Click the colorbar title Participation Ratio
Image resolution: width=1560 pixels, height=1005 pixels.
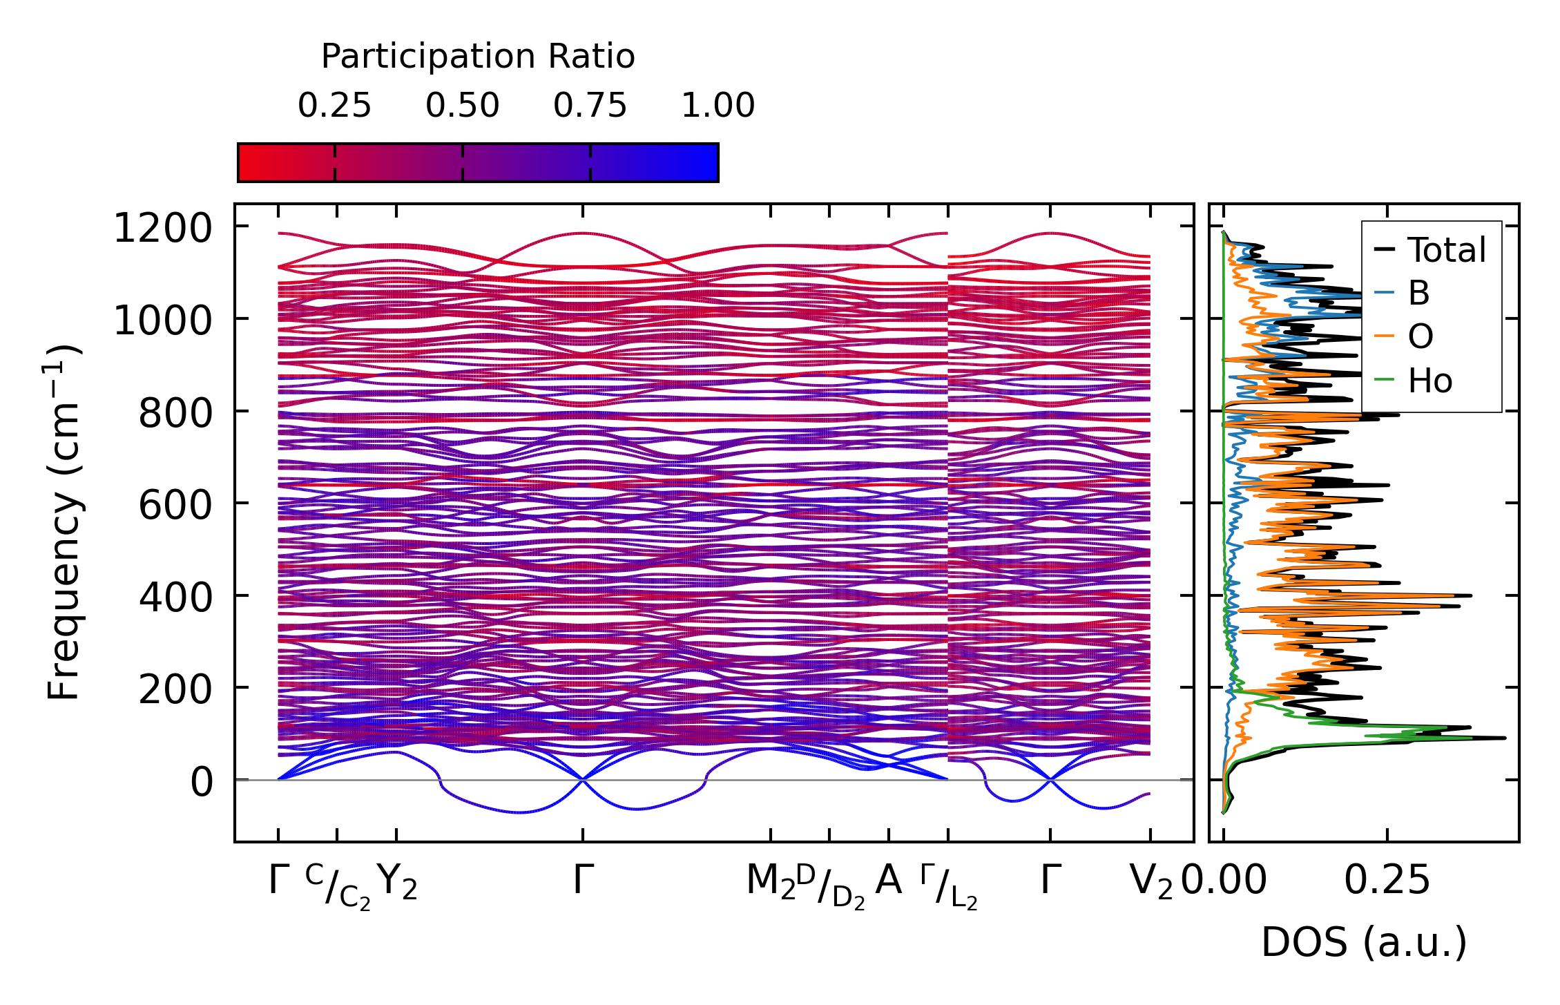(x=478, y=57)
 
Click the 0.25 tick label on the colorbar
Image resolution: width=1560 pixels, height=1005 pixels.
(x=334, y=106)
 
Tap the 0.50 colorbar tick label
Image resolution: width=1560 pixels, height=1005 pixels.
(x=462, y=106)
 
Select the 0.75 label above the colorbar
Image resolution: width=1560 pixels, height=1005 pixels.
(x=590, y=106)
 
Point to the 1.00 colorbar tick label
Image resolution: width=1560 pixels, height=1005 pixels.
(x=718, y=106)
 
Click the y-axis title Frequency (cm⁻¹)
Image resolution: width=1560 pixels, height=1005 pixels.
(x=64, y=522)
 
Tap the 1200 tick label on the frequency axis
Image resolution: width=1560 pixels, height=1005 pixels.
(x=163, y=228)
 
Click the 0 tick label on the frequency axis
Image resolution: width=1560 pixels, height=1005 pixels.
(x=202, y=783)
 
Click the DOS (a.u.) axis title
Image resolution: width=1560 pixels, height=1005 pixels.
(x=1364, y=942)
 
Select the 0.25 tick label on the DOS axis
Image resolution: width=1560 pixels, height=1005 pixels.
(x=1387, y=881)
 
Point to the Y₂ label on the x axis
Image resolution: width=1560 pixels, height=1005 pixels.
(x=398, y=882)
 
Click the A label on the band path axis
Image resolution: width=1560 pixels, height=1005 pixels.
(x=888, y=881)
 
